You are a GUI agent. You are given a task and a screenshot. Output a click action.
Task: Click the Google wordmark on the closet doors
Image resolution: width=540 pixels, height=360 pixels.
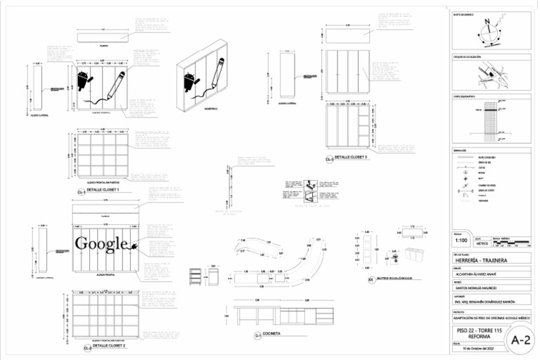103,245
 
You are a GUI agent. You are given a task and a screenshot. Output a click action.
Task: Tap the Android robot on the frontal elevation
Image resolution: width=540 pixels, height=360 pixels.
83,80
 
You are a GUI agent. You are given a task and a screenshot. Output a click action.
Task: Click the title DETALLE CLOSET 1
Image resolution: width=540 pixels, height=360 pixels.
103,191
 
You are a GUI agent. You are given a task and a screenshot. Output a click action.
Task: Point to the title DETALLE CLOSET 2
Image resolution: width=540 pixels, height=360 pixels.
109,346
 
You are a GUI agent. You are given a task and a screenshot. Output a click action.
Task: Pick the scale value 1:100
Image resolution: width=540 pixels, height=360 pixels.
461,240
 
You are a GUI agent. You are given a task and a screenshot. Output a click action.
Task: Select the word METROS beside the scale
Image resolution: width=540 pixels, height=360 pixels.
479,243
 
